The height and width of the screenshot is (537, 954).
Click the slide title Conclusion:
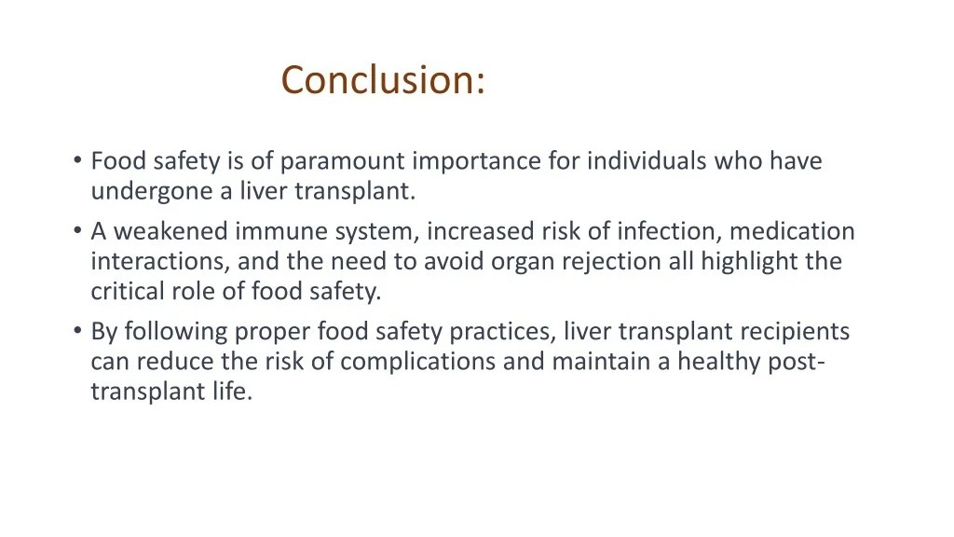click(x=383, y=80)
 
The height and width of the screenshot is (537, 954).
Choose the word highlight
click(x=748, y=261)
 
